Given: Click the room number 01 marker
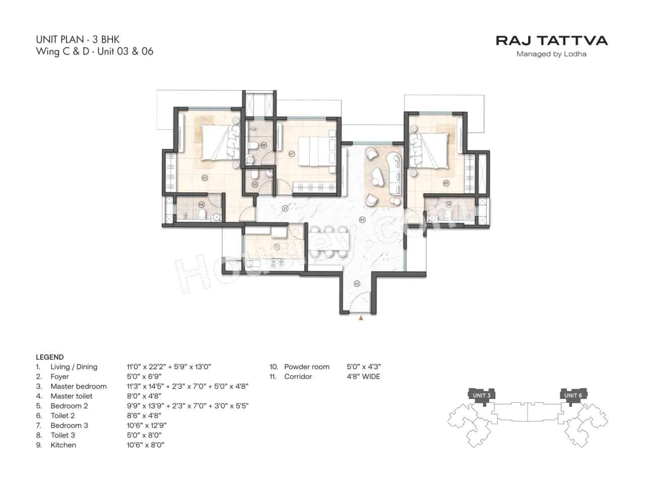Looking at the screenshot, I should click(x=362, y=219).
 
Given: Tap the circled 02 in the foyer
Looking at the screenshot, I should click(x=357, y=284).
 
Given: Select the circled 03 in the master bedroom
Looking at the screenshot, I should click(x=205, y=177).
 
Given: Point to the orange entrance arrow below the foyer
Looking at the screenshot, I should click(x=360, y=318).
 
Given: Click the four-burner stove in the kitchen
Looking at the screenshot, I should click(x=278, y=263).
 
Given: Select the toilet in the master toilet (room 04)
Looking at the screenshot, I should click(x=202, y=215).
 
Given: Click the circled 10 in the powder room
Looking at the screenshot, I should click(x=254, y=185).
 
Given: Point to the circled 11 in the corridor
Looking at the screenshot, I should click(x=285, y=208).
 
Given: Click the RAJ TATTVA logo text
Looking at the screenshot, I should click(x=551, y=40).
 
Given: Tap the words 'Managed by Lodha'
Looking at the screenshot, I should click(x=551, y=54).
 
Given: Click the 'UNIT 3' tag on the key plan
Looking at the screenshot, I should click(x=481, y=395).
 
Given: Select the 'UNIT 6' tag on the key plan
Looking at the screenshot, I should click(x=573, y=395).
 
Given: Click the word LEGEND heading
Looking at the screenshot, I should click(x=49, y=357).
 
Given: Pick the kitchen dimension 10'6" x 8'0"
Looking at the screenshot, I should click(x=145, y=445).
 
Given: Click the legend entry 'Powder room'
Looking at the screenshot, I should click(x=306, y=367).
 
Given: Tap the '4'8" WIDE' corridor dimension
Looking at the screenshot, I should click(x=363, y=376).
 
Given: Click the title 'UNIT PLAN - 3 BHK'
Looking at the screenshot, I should click(x=78, y=39).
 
